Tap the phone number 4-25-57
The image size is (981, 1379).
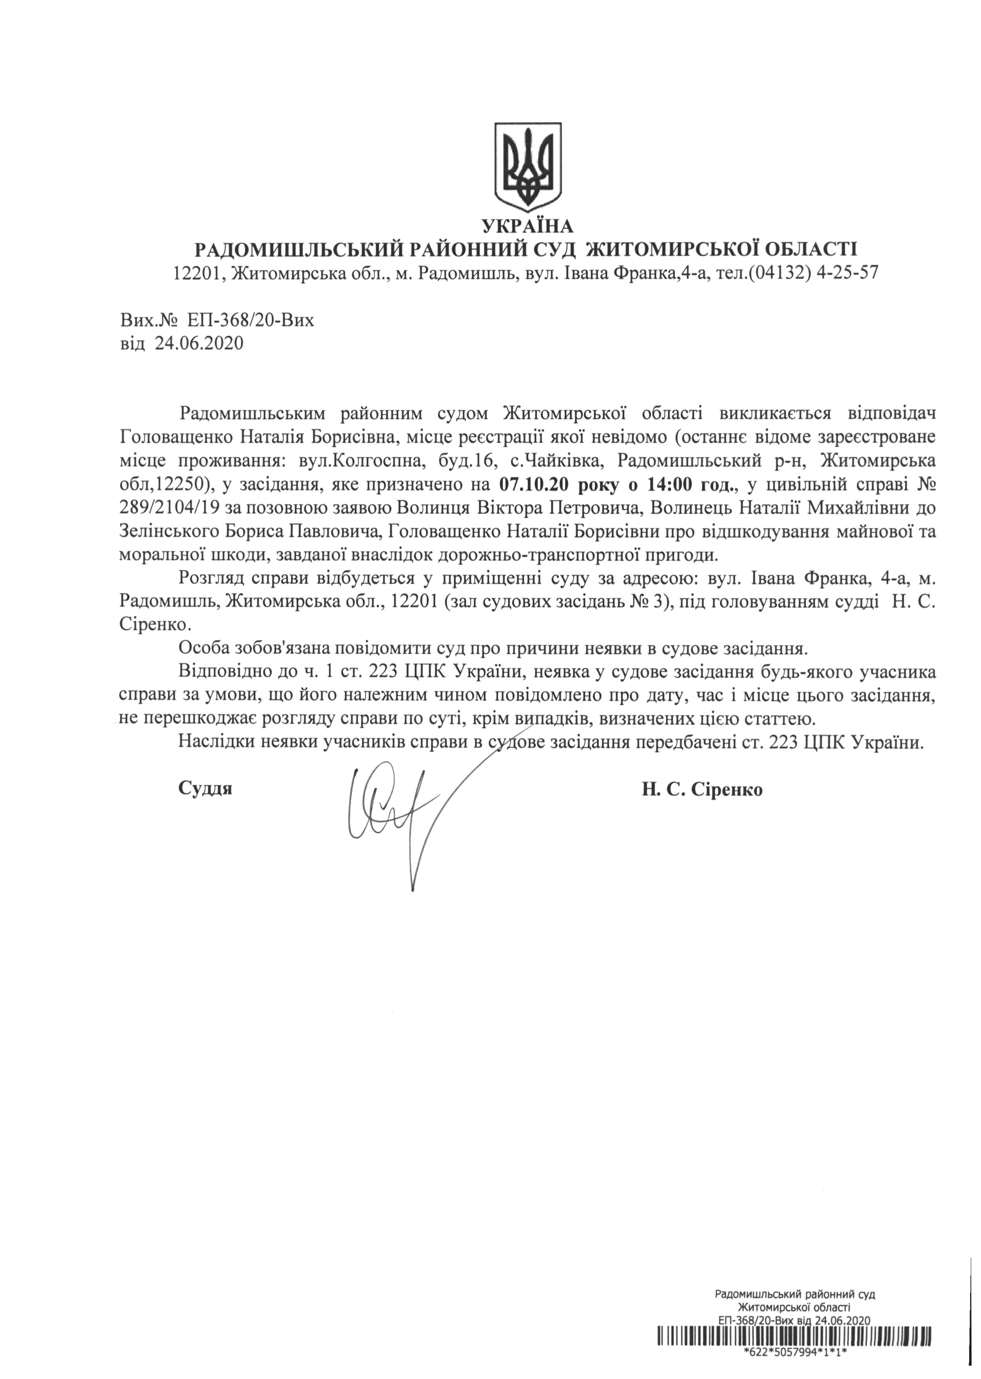point(847,274)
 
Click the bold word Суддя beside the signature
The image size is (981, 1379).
point(205,789)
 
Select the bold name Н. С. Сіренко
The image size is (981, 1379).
point(702,789)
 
